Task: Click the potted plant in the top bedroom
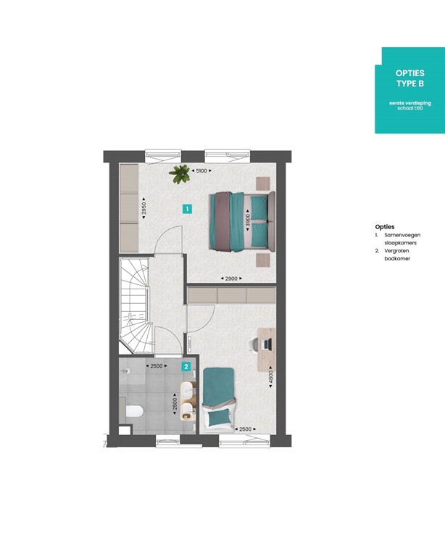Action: pyautogui.click(x=178, y=173)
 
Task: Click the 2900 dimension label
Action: pyautogui.click(x=232, y=278)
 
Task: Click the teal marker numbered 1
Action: pyautogui.click(x=187, y=209)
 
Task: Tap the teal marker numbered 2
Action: pyautogui.click(x=187, y=367)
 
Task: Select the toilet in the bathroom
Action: pyautogui.click(x=134, y=412)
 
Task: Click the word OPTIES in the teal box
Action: pyautogui.click(x=409, y=74)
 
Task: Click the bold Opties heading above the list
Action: pyautogui.click(x=385, y=226)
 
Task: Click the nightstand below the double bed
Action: pyautogui.click(x=262, y=258)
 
